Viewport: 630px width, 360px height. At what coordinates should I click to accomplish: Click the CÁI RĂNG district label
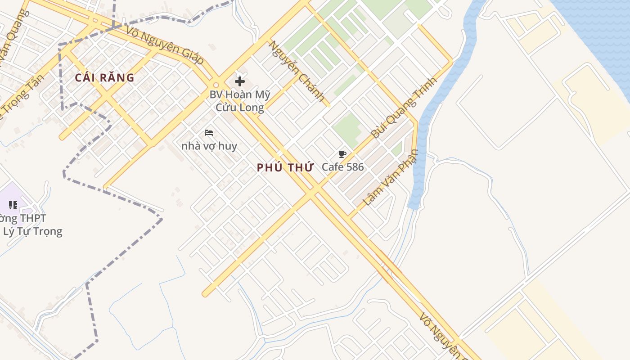104,78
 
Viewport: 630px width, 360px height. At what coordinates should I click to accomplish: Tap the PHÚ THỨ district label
285,168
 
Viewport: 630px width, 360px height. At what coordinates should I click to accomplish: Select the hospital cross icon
240,81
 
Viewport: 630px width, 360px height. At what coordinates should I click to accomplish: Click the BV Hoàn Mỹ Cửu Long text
240,101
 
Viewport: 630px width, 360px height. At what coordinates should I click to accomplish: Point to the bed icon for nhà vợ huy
209,133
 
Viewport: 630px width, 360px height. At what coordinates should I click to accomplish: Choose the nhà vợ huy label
209,146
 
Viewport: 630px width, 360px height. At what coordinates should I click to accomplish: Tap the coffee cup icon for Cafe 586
342,154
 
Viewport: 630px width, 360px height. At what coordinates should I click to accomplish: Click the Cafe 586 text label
342,167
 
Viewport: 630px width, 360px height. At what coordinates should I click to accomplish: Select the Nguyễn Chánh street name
297,71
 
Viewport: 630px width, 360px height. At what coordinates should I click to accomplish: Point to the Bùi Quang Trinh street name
404,108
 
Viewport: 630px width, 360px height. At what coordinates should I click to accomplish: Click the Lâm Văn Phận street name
390,178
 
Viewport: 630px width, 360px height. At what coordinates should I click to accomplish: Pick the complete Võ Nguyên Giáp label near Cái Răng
165,45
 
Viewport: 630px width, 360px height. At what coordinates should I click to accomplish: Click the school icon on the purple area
13,205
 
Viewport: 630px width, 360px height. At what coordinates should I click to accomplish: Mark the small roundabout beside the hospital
216,85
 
